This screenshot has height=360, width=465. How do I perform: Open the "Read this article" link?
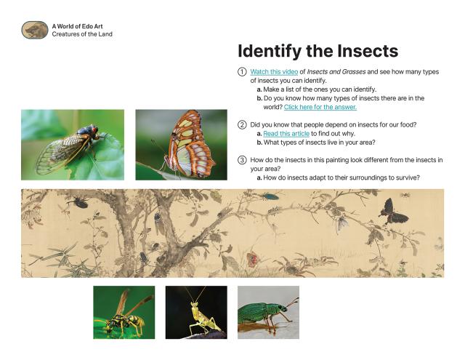(286, 134)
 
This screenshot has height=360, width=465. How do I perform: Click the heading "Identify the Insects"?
(318, 51)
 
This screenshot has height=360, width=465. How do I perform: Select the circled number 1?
(242, 72)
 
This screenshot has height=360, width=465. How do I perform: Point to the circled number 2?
(242, 125)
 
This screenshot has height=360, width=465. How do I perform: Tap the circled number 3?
(242, 160)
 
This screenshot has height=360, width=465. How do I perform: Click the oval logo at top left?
(34, 30)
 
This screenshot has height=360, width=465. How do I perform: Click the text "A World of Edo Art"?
(76, 26)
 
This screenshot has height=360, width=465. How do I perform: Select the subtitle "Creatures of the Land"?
(81, 34)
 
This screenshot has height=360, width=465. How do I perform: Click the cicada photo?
(72, 144)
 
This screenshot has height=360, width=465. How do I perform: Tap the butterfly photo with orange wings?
(181, 144)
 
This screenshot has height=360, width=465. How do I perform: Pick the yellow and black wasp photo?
(123, 312)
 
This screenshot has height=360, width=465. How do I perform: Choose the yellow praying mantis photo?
(195, 312)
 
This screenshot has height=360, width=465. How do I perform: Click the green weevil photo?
(268, 312)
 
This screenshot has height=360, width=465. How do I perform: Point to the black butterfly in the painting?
(394, 211)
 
